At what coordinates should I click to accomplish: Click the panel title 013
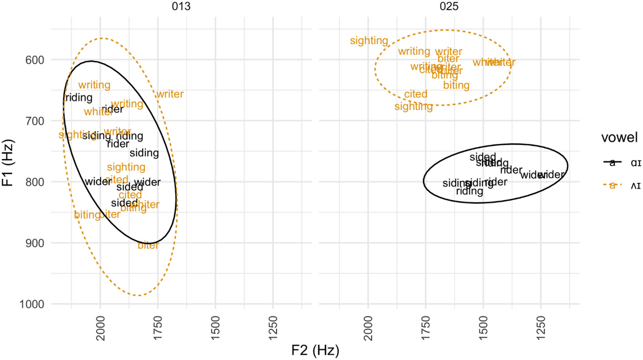[181, 6]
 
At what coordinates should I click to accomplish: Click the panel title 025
[449, 6]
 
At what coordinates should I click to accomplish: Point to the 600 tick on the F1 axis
[35, 60]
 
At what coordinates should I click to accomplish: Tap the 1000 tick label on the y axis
[32, 304]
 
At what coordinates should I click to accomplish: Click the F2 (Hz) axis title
[315, 350]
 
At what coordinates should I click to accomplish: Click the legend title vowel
[619, 138]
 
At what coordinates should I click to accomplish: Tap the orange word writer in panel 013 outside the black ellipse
[170, 94]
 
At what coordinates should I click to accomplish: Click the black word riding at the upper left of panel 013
[79, 98]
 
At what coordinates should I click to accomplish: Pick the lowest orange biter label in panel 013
[148, 246]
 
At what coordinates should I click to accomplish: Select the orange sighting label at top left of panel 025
[369, 41]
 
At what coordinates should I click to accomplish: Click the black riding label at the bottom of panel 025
[469, 191]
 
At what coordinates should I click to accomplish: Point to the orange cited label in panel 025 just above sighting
[415, 94]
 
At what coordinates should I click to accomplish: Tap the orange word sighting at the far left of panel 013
[73, 135]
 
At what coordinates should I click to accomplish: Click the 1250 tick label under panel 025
[541, 328]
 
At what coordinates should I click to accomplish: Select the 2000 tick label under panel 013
[101, 328]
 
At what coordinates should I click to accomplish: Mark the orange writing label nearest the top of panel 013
[94, 85]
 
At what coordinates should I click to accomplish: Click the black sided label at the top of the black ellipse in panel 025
[483, 157]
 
